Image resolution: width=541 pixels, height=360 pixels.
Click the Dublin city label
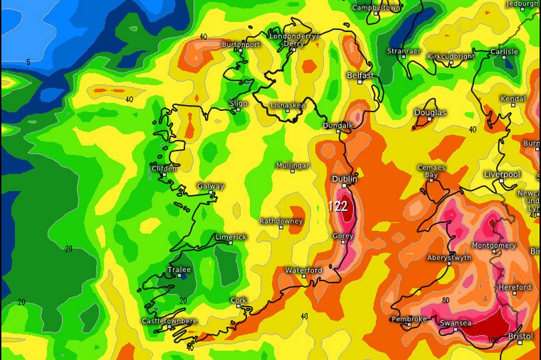click(x=345, y=179)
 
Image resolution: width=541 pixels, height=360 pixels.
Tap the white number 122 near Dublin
click(x=338, y=206)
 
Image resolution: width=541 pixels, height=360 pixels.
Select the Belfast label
click(x=360, y=75)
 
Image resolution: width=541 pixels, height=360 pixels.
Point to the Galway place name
click(x=210, y=186)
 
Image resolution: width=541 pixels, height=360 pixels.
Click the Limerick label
click(x=230, y=237)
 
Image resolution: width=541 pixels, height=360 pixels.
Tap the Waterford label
click(x=304, y=270)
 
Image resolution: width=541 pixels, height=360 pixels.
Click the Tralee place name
click(x=178, y=271)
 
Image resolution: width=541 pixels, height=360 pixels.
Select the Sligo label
click(x=238, y=104)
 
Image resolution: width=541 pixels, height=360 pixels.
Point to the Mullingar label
click(x=293, y=165)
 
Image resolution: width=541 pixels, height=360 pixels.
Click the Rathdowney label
click(x=281, y=220)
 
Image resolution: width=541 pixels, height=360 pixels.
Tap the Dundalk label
click(x=337, y=125)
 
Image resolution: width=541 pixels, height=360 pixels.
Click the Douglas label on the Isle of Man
click(x=430, y=112)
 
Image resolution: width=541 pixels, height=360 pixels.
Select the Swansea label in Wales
click(x=456, y=323)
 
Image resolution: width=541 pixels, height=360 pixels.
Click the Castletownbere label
click(x=170, y=321)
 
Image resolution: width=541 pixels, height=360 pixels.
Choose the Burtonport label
click(x=240, y=45)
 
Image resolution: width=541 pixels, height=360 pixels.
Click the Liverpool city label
click(x=502, y=174)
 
